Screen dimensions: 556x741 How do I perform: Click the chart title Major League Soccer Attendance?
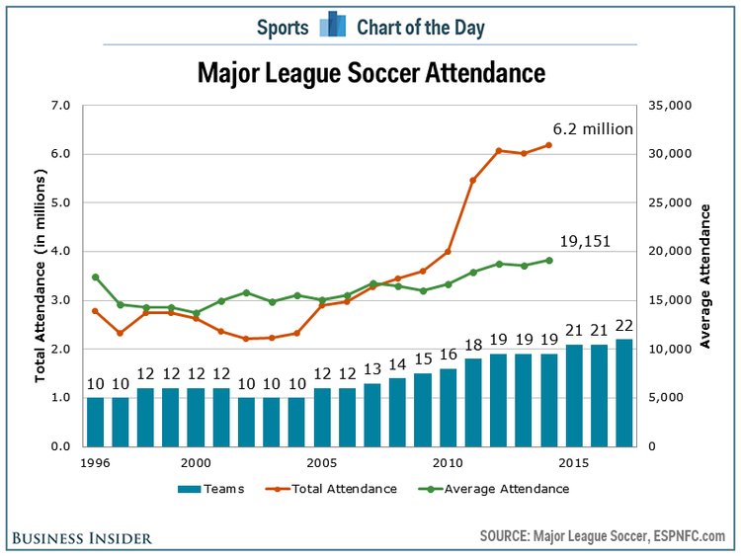[370, 73]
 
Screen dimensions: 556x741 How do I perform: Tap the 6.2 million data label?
[593, 129]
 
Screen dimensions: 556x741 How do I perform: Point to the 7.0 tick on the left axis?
[61, 106]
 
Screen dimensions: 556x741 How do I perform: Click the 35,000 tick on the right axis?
[670, 106]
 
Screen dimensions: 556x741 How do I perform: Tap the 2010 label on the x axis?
[449, 462]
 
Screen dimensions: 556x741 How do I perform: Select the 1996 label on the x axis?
[95, 462]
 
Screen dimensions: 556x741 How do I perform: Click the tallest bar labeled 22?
[624, 392]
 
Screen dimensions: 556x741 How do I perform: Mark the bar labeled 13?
[372, 414]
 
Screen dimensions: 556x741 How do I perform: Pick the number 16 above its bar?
[449, 355]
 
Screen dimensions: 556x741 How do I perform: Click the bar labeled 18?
[473, 402]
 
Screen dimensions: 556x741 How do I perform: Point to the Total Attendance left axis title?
[41, 277]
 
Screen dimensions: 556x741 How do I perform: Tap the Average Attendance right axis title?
[705, 276]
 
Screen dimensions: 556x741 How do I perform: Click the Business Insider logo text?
[82, 537]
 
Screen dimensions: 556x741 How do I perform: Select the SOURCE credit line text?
[603, 536]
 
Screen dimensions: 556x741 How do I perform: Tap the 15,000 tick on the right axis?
[670, 300]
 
